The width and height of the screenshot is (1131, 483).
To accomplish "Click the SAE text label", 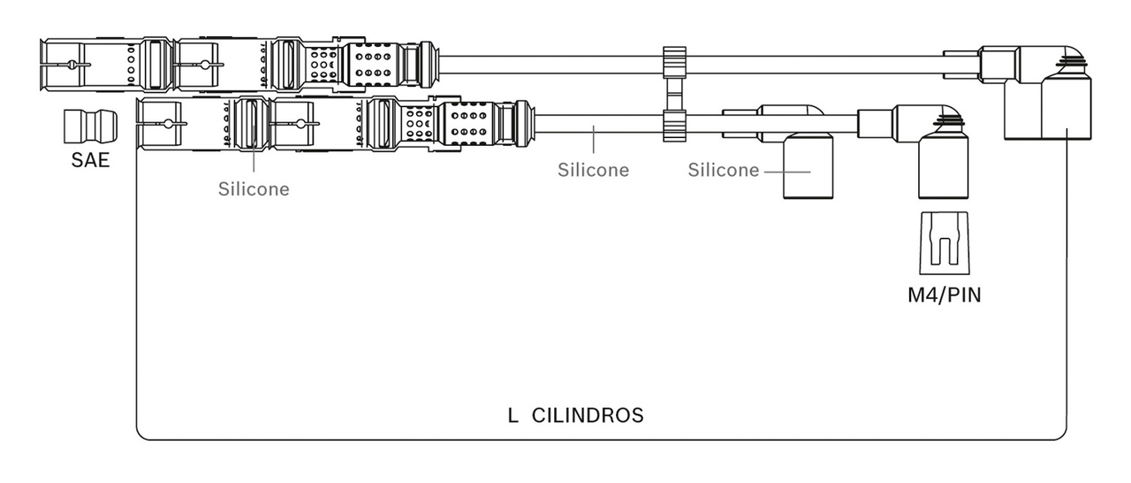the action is coord(90,160).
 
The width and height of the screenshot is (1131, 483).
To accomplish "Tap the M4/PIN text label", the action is coord(945,295).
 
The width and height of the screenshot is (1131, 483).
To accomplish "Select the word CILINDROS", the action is coord(588,416).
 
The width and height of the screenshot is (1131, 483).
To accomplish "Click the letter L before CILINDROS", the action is coord(512,416).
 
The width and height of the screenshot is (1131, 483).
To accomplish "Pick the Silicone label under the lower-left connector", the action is coord(254,189).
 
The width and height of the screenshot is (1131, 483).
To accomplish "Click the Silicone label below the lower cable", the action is coord(593,170).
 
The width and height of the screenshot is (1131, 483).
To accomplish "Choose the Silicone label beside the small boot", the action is coord(724,170).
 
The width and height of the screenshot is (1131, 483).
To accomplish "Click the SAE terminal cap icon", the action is coord(90,126).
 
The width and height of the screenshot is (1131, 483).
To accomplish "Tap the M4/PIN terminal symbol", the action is coord(945,243).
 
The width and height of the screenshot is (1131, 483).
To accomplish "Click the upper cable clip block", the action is coord(674,63).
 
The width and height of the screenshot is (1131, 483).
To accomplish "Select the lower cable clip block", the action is coord(674,126).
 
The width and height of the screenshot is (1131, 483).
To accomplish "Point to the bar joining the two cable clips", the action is coord(674,95).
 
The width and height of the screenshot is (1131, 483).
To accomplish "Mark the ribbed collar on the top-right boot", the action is coord(1070,62).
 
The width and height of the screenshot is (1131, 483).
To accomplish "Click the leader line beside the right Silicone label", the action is coord(787,172).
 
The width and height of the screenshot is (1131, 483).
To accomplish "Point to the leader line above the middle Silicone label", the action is coord(594,139).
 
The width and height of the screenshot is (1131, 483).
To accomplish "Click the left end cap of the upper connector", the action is coord(62,65).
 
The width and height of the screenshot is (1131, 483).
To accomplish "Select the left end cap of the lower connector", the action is coord(159,124).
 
